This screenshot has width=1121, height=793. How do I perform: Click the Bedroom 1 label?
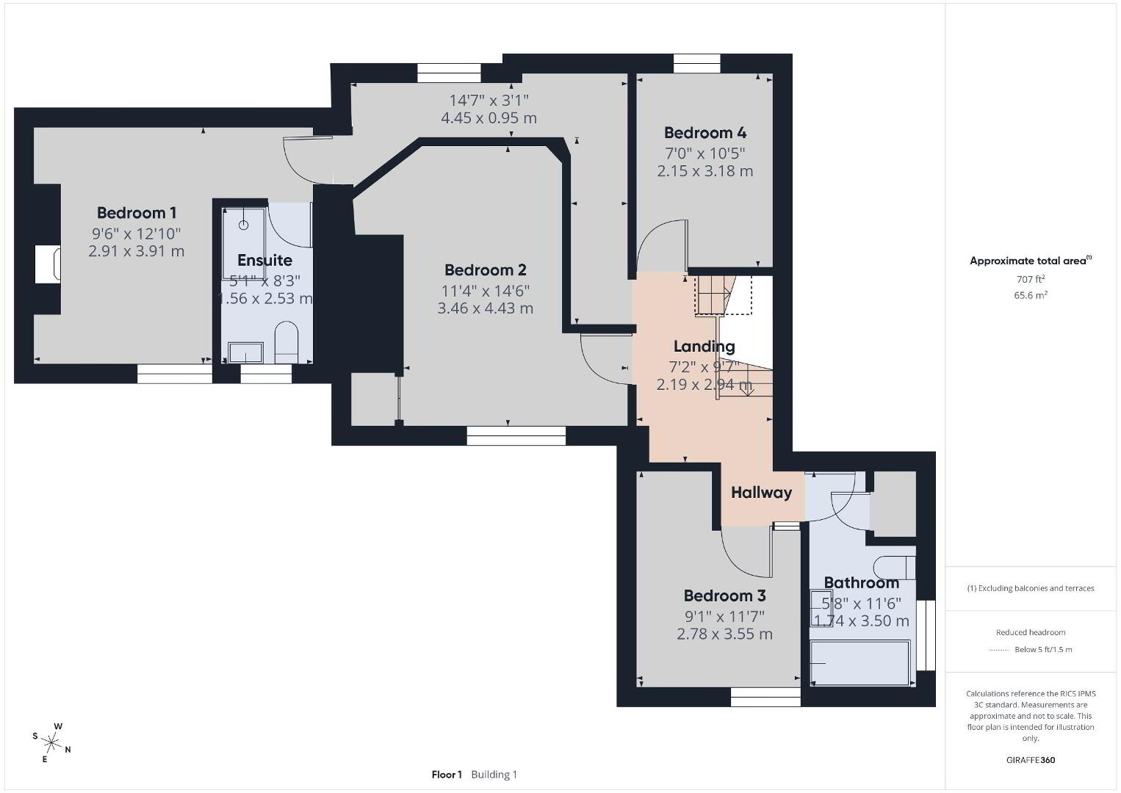coord(137,213)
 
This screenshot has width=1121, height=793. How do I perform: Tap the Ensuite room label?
coord(264,260)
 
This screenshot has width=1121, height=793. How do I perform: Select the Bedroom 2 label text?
coord(486,270)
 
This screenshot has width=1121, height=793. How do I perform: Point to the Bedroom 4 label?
coord(705,133)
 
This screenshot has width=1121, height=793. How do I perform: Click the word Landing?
coord(704,347)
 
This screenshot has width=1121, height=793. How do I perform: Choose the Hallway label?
coord(761,493)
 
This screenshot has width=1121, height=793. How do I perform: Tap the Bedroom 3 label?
coord(724,596)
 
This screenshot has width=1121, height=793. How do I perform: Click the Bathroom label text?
coord(861,583)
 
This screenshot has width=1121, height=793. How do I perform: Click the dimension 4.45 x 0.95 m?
coord(489,118)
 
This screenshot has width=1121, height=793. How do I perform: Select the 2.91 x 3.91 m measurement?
coord(137,251)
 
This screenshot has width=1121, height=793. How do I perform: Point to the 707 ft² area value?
coord(1031,279)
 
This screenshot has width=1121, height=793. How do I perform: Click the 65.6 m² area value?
coord(1031,295)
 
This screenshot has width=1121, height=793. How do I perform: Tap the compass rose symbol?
coord(51,742)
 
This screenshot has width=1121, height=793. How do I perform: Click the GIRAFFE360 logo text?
coord(1031,760)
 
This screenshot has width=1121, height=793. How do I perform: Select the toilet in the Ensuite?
coord(286,342)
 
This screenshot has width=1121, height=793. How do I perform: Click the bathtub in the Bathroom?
coord(859,663)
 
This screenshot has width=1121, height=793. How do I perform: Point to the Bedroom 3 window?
coord(765,697)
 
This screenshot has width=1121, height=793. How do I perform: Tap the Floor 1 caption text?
coord(447,775)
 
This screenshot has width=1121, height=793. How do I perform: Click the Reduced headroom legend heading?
coord(1031,632)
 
